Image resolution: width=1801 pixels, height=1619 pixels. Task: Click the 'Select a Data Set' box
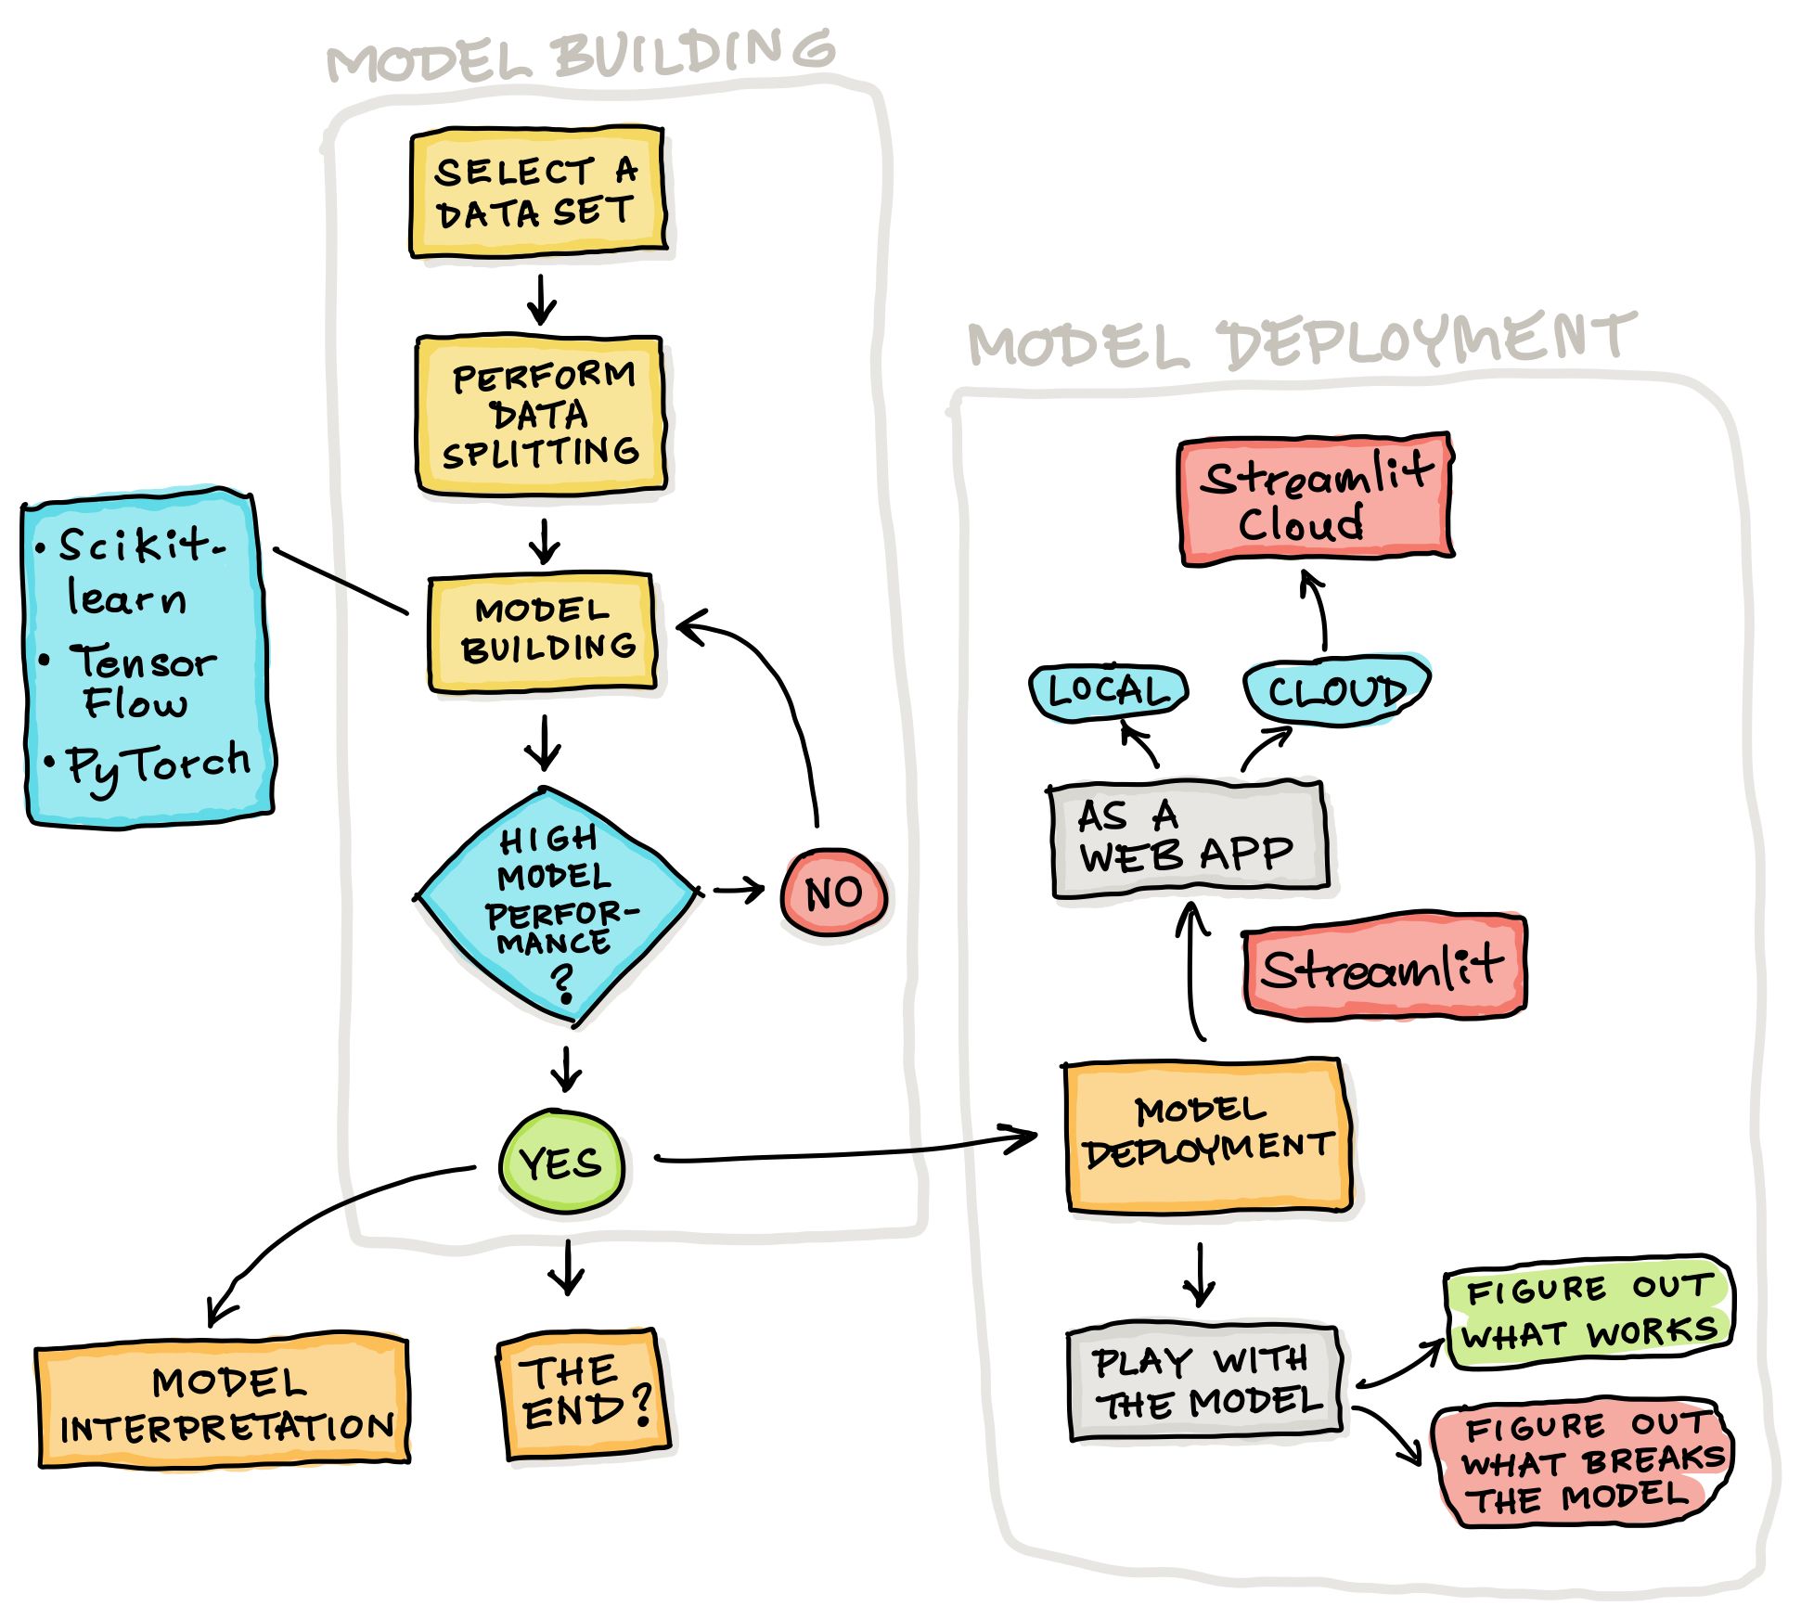[537, 192]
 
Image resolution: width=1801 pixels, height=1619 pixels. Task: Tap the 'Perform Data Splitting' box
[540, 415]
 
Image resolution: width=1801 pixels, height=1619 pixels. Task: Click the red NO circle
[833, 893]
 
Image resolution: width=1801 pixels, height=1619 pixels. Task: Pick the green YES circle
[561, 1162]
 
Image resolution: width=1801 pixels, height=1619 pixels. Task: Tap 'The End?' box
[583, 1392]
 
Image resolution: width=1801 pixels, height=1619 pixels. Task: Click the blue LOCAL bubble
[1108, 691]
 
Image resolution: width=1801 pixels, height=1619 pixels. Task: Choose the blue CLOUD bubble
[1336, 690]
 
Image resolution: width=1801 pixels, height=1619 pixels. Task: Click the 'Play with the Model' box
[1204, 1382]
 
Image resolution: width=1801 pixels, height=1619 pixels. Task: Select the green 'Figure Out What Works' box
[1588, 1311]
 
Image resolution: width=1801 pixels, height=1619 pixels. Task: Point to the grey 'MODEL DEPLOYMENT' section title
[1299, 340]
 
